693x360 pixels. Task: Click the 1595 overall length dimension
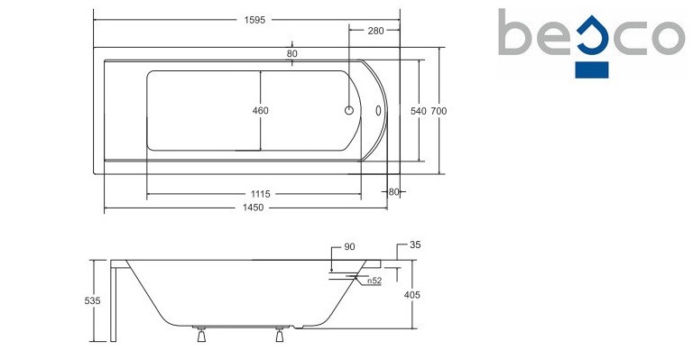coord(254,20)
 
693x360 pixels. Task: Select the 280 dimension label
coord(375,31)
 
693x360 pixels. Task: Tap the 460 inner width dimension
coord(260,110)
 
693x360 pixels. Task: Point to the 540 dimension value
coord(418,111)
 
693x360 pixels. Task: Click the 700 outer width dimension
coord(439,111)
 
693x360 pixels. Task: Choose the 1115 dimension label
coord(260,194)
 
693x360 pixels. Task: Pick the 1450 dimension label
coord(253,208)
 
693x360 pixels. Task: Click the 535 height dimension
coord(92,300)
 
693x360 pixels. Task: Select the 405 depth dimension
coord(411,295)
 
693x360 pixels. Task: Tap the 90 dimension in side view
coord(349,247)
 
